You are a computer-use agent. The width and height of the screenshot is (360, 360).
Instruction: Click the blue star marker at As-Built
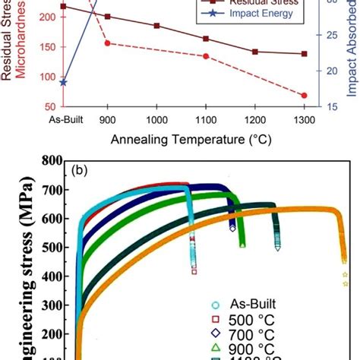pyautogui.click(x=64, y=82)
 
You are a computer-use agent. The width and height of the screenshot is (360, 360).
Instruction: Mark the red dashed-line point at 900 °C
pyautogui.click(x=108, y=43)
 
